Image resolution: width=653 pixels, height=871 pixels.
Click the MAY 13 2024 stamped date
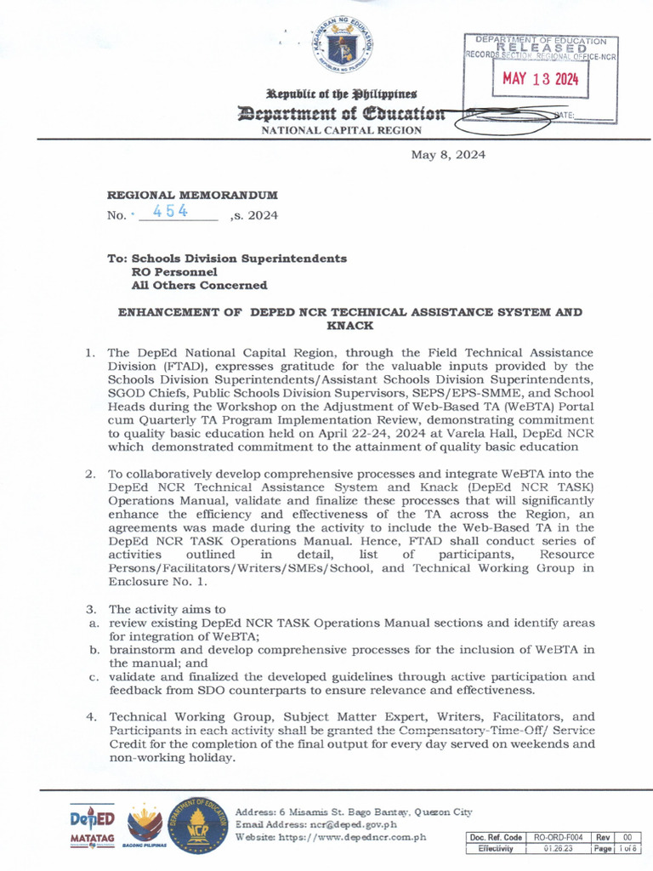point(540,80)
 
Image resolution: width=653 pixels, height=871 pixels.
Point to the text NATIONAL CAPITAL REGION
point(341,130)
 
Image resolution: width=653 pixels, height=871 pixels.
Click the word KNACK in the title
point(349,325)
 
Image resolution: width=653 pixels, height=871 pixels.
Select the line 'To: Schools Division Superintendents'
point(226,258)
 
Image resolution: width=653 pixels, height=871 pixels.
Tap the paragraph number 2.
point(90,473)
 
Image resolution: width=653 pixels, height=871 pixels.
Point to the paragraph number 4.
point(90,717)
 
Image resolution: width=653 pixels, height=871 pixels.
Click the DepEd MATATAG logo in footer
point(92,826)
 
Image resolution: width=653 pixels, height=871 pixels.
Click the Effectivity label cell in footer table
point(495,848)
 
